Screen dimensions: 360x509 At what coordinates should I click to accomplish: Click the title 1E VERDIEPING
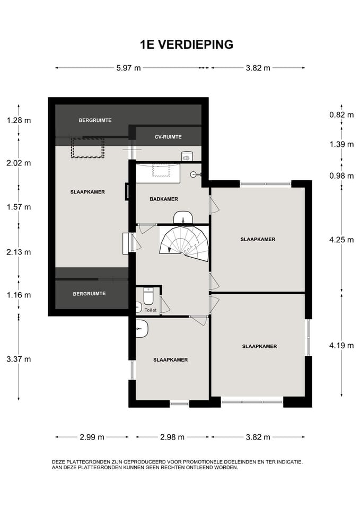(187, 45)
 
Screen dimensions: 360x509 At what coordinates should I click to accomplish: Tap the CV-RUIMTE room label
(168, 137)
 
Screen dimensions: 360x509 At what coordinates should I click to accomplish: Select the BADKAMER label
(164, 199)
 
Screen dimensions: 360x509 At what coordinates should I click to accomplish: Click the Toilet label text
(151, 310)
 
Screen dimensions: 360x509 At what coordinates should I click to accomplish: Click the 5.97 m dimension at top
(128, 68)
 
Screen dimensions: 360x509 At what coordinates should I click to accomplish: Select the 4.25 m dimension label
(341, 240)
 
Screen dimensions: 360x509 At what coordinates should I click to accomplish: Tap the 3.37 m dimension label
(19, 359)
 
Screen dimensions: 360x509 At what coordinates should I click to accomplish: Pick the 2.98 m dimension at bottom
(172, 437)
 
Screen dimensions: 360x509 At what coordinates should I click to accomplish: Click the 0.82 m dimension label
(341, 115)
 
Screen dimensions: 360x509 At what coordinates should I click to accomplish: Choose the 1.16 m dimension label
(19, 295)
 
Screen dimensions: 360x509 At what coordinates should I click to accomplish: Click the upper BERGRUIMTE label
(95, 120)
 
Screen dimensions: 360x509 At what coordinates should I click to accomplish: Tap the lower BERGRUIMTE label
(89, 294)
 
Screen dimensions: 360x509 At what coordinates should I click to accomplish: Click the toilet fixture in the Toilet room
(148, 296)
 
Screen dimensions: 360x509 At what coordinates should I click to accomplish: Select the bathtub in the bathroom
(158, 173)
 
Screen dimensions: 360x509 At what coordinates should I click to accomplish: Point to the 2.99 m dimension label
(92, 437)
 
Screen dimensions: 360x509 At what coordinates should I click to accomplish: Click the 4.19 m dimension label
(341, 345)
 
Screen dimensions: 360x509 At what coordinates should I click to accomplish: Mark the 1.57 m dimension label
(19, 207)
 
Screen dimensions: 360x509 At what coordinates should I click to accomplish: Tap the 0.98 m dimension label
(341, 176)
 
